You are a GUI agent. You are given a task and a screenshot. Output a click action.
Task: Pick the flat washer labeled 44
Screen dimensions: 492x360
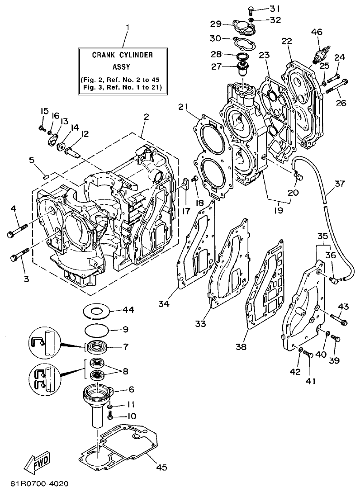[x=98, y=311]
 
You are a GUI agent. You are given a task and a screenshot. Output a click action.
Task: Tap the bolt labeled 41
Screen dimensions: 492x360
[x=308, y=354]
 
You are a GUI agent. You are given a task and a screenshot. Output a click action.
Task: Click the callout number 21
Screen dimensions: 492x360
[x=183, y=107]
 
